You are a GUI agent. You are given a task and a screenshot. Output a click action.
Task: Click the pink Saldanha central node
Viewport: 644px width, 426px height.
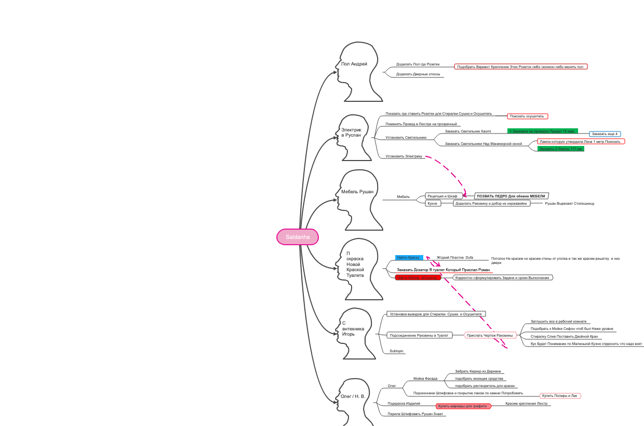[x=297, y=237]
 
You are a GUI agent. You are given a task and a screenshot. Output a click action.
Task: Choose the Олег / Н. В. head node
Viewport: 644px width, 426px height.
[x=356, y=400]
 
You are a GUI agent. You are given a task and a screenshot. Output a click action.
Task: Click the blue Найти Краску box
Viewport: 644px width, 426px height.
[x=409, y=257]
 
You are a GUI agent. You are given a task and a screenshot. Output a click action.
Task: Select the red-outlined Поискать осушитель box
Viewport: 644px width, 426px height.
[x=527, y=116]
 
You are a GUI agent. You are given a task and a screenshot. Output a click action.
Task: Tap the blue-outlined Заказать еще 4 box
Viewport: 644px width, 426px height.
[x=605, y=134]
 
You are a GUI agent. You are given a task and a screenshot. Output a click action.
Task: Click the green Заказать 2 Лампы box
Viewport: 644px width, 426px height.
[x=561, y=149]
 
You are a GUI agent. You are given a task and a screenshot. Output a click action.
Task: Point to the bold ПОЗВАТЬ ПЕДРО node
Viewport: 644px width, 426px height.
[x=511, y=196]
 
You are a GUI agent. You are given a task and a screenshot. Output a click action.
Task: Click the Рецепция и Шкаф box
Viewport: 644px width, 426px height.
[x=442, y=196]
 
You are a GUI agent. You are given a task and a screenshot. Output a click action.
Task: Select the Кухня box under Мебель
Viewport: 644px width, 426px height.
[x=432, y=203]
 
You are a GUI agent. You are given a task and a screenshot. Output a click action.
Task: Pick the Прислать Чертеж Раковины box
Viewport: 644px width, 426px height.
[x=490, y=335]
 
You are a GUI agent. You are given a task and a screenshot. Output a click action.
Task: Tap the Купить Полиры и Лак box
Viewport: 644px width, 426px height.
[x=560, y=396]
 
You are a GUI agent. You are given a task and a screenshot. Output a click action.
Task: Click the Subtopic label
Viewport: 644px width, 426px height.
[x=396, y=351]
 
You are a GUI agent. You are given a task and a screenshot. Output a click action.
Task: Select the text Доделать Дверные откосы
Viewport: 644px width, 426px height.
[x=418, y=74]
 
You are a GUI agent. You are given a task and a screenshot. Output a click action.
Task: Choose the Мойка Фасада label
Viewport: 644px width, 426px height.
[x=425, y=378]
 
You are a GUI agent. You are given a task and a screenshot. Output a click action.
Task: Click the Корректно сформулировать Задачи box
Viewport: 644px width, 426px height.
[x=502, y=277]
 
